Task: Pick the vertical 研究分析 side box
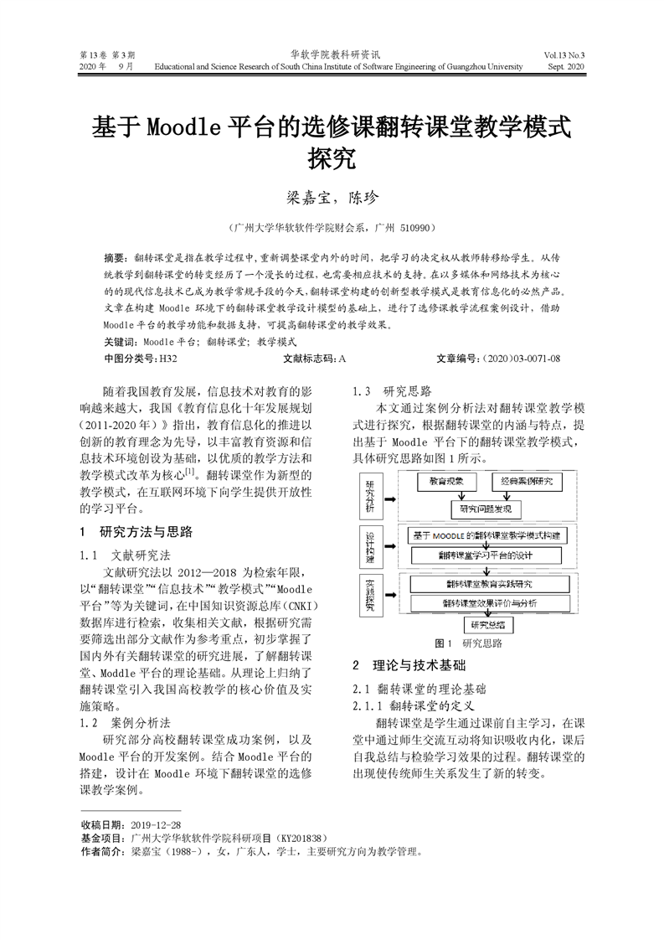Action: tap(369, 498)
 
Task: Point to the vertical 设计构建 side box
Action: tap(369, 546)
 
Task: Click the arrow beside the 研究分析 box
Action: tap(389, 498)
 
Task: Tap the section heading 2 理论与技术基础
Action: tap(408, 666)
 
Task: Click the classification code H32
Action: tap(167, 359)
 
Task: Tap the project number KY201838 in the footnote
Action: tap(299, 838)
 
